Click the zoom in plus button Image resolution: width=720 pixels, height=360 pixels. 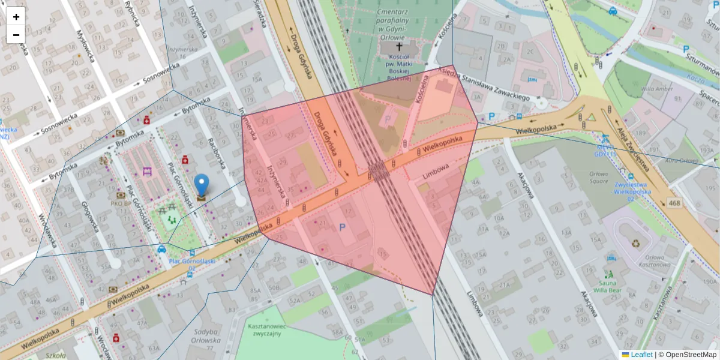tap(16, 16)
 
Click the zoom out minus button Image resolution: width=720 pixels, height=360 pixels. tap(16, 35)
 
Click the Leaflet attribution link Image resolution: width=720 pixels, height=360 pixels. tap(641, 355)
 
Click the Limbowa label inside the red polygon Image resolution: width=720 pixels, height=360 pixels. tap(435, 172)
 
